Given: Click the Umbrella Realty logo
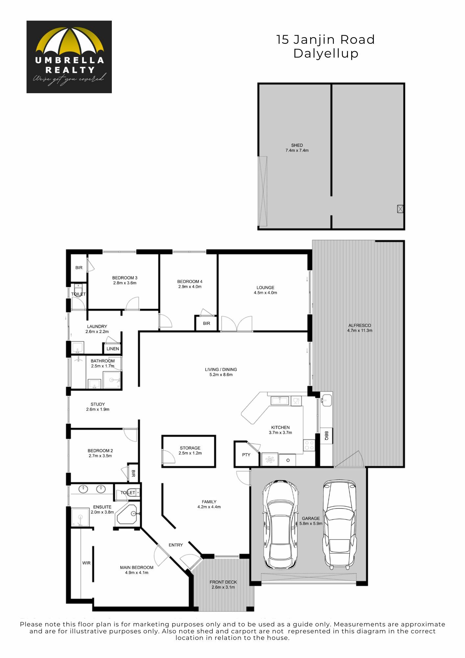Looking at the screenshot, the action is click(x=69, y=57).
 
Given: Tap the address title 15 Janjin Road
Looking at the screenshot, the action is click(x=326, y=39).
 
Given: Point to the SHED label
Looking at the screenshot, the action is click(x=297, y=145).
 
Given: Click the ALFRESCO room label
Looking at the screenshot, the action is click(x=360, y=325).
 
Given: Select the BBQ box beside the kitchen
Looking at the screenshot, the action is click(x=327, y=436).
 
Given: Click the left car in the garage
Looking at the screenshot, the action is click(x=281, y=525).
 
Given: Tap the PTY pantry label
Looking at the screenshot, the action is click(x=246, y=455).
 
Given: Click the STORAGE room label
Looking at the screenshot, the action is click(x=190, y=448).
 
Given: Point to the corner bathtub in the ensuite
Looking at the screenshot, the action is click(x=127, y=515).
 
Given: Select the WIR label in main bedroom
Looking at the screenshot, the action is click(x=86, y=563).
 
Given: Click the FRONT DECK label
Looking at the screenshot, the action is click(x=223, y=582).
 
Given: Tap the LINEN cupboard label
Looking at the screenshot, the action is click(x=113, y=349).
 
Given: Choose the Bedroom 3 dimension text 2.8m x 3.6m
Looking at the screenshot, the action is click(x=125, y=283).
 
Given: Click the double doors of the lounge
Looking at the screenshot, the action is click(x=237, y=323).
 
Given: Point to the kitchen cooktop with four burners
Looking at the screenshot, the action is click(x=309, y=445).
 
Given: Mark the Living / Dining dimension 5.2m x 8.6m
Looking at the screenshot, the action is click(x=221, y=375).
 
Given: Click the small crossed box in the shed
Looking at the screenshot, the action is click(x=400, y=209).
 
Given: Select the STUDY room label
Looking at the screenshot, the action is click(x=98, y=404).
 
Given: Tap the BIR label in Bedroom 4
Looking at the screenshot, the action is click(x=207, y=323).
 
